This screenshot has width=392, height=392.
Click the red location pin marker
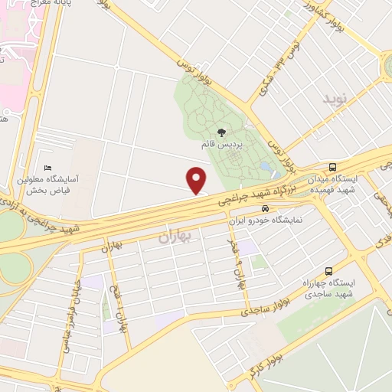pyautogui.click(x=197, y=180)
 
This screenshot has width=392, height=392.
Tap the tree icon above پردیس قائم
pyautogui.click(x=222, y=132)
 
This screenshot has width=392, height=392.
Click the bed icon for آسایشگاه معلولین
pyautogui.click(x=48, y=168)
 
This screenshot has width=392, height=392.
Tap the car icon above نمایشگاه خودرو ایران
pyautogui.click(x=264, y=208)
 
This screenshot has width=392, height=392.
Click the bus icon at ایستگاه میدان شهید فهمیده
pyautogui.click(x=332, y=167)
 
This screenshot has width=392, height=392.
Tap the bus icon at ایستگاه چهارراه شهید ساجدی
pyautogui.click(x=328, y=271)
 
